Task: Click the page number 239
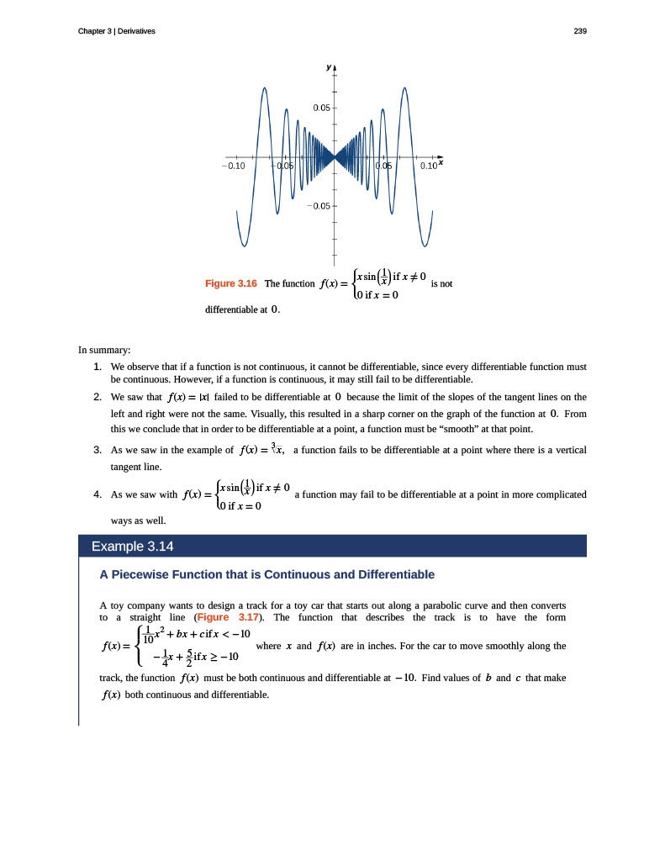pyautogui.click(x=579, y=31)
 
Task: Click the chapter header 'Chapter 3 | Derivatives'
pyautogui.click(x=116, y=31)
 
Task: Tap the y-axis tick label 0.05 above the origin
pyautogui.click(x=320, y=108)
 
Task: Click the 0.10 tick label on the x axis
pyautogui.click(x=429, y=166)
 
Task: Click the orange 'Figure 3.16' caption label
pyautogui.click(x=230, y=284)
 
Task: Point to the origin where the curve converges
pyautogui.click(x=335, y=156)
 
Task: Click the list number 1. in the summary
pyautogui.click(x=98, y=367)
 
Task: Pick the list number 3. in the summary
pyautogui.click(x=98, y=451)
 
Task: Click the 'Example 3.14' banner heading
pyautogui.click(x=132, y=547)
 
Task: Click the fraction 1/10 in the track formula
pyautogui.click(x=147, y=635)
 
